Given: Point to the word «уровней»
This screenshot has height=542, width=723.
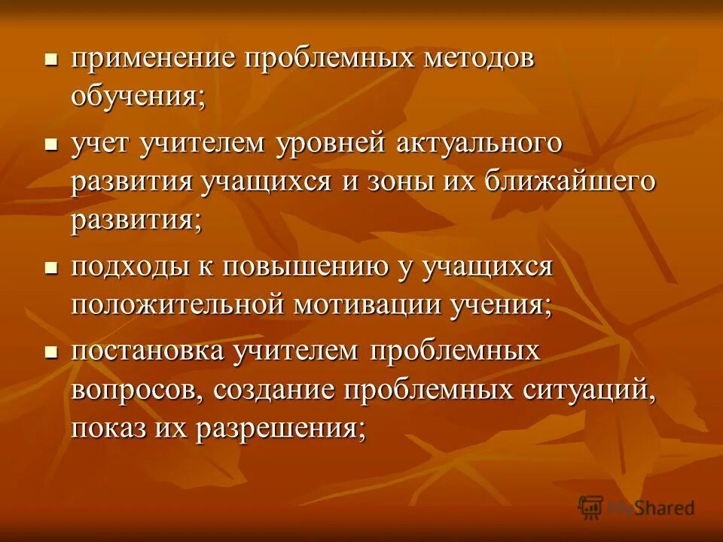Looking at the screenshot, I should click(334, 142).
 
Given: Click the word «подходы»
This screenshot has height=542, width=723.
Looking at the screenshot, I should click(134, 267).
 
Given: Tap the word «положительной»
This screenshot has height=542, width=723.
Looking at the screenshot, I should click(177, 306).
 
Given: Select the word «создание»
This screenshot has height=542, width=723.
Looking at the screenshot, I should click(274, 391).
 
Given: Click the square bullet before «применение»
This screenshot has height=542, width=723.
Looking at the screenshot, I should click(51, 61).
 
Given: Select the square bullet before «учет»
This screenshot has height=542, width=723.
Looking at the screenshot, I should click(51, 142).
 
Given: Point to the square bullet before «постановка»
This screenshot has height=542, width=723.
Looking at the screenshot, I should click(51, 352).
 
